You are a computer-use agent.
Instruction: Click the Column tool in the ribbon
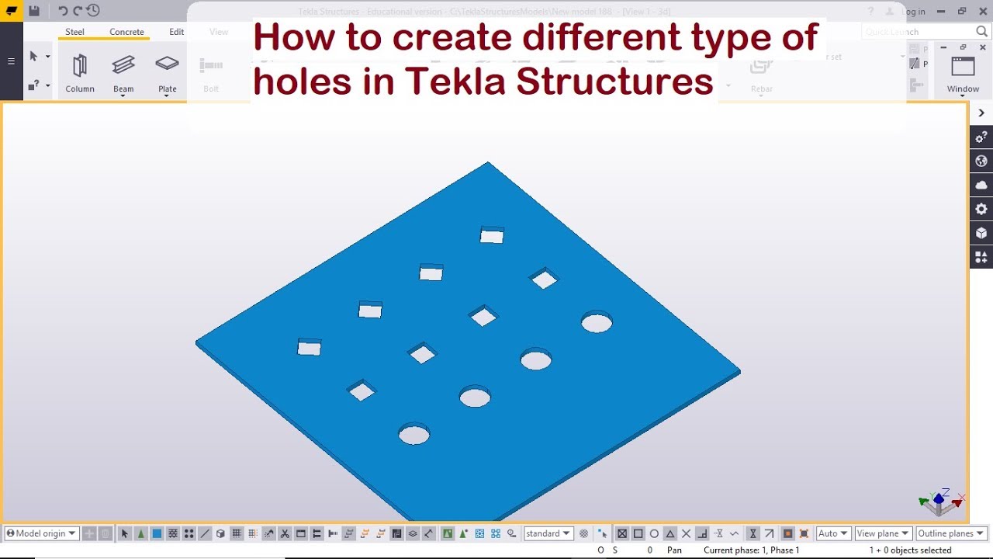click(79, 71)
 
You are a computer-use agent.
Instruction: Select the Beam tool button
click(123, 71)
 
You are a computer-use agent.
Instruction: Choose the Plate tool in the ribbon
click(168, 71)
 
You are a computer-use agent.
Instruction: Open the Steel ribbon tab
click(74, 32)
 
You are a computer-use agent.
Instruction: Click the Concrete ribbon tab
click(126, 32)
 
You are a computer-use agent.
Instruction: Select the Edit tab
click(177, 32)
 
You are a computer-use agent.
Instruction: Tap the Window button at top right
click(963, 74)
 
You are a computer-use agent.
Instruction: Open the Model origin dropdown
click(42, 533)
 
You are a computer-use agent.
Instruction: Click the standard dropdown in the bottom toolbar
click(548, 533)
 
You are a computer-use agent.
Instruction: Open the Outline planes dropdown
click(950, 533)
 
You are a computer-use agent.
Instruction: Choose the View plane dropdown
click(883, 533)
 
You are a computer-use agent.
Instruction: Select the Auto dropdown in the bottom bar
click(832, 533)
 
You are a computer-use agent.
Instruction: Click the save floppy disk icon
click(34, 11)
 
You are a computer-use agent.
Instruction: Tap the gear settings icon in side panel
click(981, 209)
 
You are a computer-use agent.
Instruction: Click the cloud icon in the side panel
click(981, 185)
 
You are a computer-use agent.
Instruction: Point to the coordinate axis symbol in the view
click(940, 502)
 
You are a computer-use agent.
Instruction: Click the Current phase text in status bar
click(751, 550)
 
